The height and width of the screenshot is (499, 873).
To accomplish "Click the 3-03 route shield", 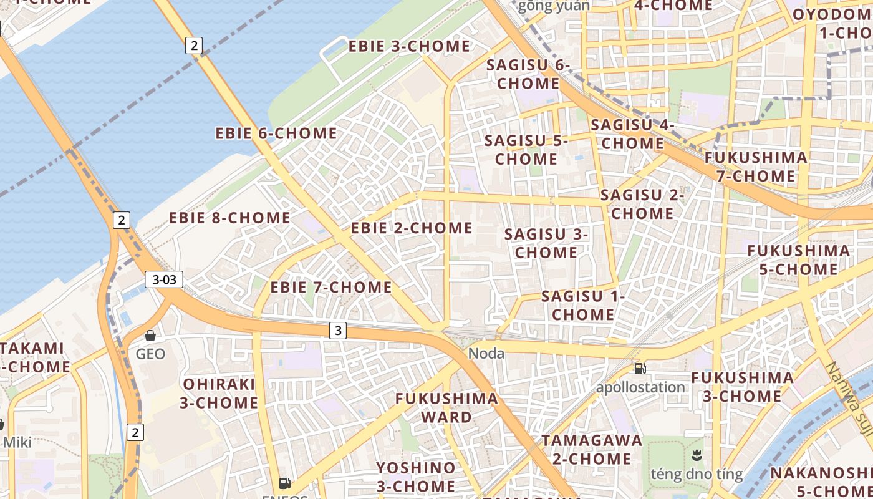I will tap(164, 279).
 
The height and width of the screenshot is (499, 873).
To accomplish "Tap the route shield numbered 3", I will tap(337, 331).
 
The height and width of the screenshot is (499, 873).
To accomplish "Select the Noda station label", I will tap(486, 354).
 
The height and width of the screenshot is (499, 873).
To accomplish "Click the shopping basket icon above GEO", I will tap(150, 336).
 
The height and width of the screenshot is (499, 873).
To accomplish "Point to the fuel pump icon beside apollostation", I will tap(640, 368).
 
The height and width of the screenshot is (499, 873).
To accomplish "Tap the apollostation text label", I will tap(640, 387).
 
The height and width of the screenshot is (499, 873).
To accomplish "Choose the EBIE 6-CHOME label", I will tap(276, 133).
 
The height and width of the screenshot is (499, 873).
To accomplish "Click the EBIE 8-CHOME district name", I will tap(230, 218).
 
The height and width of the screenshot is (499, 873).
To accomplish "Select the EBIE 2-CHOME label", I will tap(412, 228).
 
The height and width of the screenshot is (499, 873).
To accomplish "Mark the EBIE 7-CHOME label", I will tap(331, 288).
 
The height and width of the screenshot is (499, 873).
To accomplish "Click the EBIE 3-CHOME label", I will tap(409, 47).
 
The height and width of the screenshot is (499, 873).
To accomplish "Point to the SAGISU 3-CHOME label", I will tap(546, 243).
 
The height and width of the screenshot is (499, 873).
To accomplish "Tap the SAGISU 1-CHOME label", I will tap(583, 306).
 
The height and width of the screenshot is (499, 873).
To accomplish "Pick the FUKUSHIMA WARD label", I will tap(447, 408).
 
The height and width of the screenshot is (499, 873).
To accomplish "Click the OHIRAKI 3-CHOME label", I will tap(219, 393).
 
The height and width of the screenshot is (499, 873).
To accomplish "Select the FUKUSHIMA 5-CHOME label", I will tap(798, 260).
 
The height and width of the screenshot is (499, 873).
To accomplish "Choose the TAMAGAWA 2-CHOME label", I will tap(592, 450).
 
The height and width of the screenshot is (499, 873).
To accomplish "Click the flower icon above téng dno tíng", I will tap(697, 456).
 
